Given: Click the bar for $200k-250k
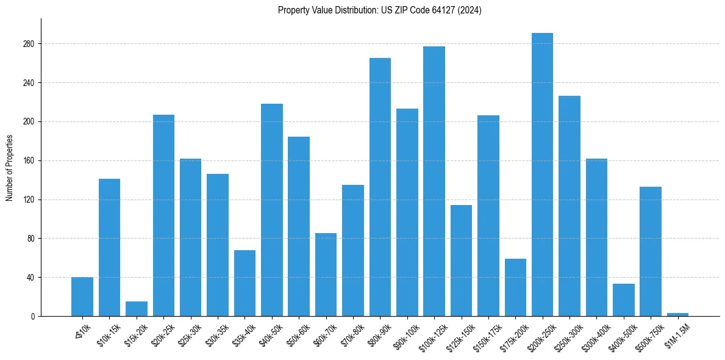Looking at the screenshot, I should pos(542,175).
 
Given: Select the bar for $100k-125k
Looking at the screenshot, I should pos(434,181).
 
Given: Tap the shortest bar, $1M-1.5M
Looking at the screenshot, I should pos(677,314).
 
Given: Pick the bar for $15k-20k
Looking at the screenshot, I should pos(137,309).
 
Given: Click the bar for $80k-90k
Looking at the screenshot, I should pos(380,187).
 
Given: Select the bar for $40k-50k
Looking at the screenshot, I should pos(272,210).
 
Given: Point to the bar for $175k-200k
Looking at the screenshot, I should pos(515,287).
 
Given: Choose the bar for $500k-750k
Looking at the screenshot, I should pos(651,251).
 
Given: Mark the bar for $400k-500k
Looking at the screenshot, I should pos(623,300).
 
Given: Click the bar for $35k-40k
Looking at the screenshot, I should pos(245,283).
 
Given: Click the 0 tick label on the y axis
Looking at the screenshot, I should pos(34,316).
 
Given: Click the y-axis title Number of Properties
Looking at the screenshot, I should pos(10,168).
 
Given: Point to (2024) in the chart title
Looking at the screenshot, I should pos(470,10).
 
